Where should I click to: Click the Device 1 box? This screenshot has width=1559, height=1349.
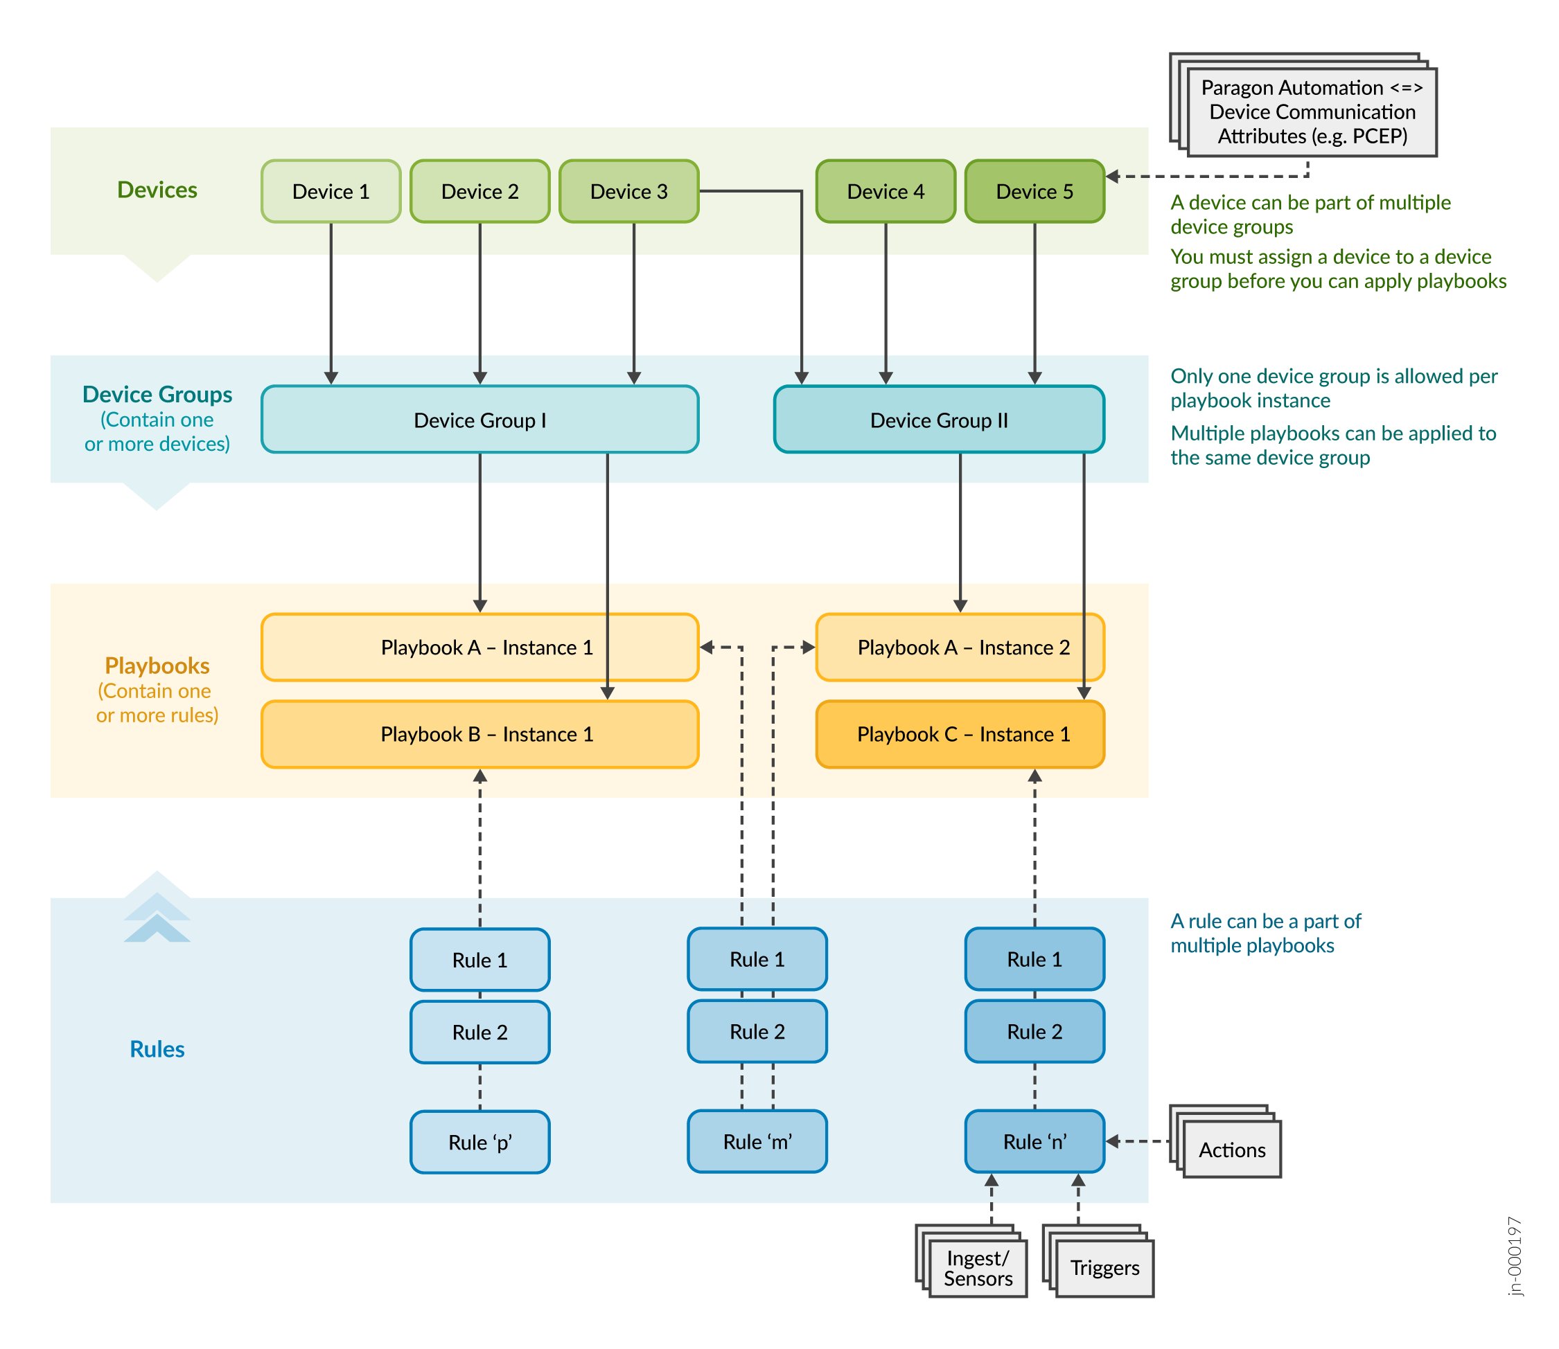click(331, 191)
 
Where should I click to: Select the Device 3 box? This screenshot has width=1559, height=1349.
click(628, 191)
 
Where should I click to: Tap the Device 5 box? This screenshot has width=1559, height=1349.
click(1034, 191)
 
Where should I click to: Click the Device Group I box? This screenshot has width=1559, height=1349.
click(479, 419)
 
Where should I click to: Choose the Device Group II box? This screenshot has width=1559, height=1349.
click(938, 419)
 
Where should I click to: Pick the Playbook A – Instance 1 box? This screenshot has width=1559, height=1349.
click(479, 647)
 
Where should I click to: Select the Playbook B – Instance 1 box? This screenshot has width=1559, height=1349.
click(479, 734)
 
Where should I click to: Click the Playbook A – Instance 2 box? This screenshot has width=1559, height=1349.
click(960, 647)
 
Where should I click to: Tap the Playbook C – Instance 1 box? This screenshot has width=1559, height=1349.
click(960, 734)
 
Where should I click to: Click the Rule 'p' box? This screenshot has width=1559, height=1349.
click(479, 1142)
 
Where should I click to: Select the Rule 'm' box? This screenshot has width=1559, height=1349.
click(757, 1141)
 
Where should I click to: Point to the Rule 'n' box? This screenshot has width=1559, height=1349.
click(1034, 1141)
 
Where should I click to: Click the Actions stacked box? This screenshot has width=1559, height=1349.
click(1231, 1150)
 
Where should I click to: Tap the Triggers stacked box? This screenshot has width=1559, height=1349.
click(1104, 1269)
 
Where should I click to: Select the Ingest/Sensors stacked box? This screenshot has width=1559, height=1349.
click(978, 1269)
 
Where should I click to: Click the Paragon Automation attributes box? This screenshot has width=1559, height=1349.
click(1311, 112)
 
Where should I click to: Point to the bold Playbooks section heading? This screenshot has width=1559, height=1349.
click(157, 665)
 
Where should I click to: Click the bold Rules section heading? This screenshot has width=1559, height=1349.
click(157, 1048)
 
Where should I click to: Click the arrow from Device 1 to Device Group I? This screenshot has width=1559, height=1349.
click(331, 301)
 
